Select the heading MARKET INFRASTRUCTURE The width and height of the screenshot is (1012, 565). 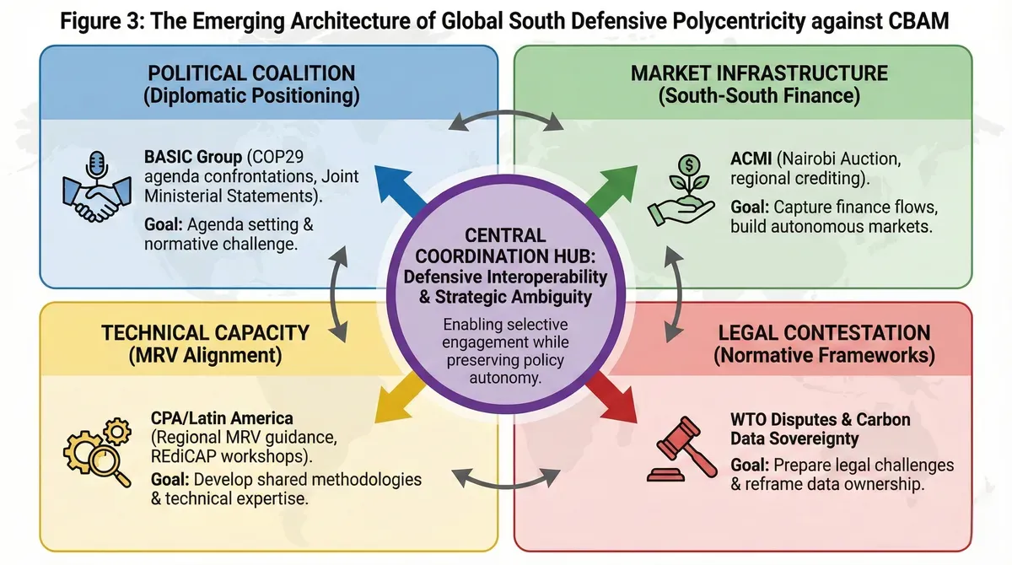click(759, 73)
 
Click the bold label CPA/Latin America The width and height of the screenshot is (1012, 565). click(222, 418)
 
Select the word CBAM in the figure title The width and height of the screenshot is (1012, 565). click(918, 21)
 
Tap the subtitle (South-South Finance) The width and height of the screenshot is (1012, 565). click(759, 95)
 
